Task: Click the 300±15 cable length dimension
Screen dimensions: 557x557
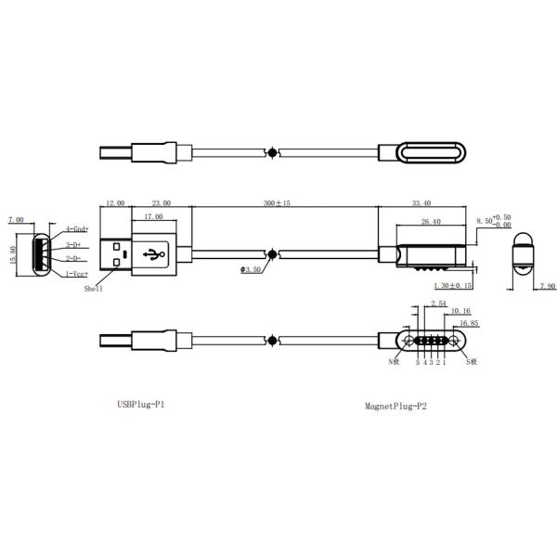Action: pyautogui.click(x=276, y=202)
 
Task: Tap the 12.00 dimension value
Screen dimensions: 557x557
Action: pyautogui.click(x=115, y=202)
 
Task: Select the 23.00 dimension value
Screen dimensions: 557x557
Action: pyautogui.click(x=162, y=202)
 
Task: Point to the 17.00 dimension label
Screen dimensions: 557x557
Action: pyautogui.click(x=152, y=217)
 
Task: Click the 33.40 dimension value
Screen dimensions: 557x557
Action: pyautogui.click(x=420, y=202)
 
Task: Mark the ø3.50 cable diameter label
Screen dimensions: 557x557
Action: pyautogui.click(x=252, y=270)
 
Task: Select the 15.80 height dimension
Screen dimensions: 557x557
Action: pyautogui.click(x=11, y=253)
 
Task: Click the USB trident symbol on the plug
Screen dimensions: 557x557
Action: pyautogui.click(x=154, y=253)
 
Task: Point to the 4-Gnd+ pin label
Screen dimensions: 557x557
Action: pyautogui.click(x=77, y=228)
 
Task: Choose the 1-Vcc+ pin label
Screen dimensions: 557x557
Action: pyautogui.click(x=77, y=275)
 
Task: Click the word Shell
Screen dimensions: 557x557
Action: pyautogui.click(x=94, y=290)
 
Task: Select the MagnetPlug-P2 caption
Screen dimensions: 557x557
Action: pyautogui.click(x=395, y=406)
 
